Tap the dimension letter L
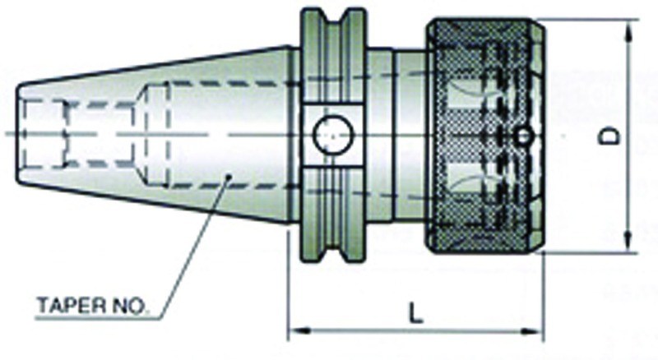[x=417, y=312]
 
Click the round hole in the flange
[x=331, y=131]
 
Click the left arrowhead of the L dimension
[x=294, y=332]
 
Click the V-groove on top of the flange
[x=333, y=18]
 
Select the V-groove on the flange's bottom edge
[x=333, y=252]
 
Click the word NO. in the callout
[x=129, y=309]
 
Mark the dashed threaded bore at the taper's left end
[x=45, y=132]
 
